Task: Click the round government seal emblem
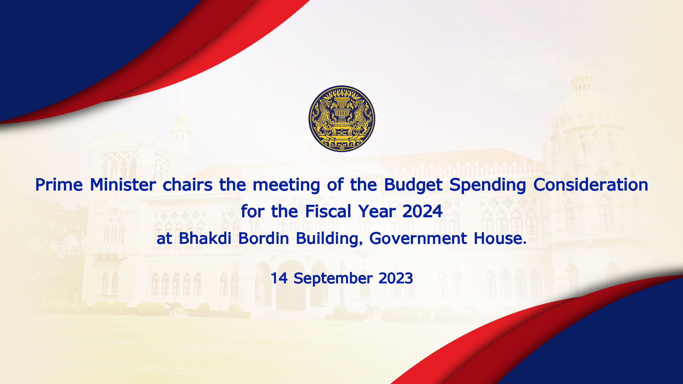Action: (341, 118)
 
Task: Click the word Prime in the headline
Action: (59, 185)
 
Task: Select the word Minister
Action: (123, 185)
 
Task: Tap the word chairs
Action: (187, 185)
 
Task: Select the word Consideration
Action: (591, 185)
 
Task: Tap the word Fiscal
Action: (328, 211)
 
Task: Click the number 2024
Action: (422, 211)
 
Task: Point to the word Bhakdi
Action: (205, 238)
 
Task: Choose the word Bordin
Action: (264, 238)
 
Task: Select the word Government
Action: (418, 238)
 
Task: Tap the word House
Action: (500, 238)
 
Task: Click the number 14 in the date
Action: (279, 278)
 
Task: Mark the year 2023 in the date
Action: (396, 278)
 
